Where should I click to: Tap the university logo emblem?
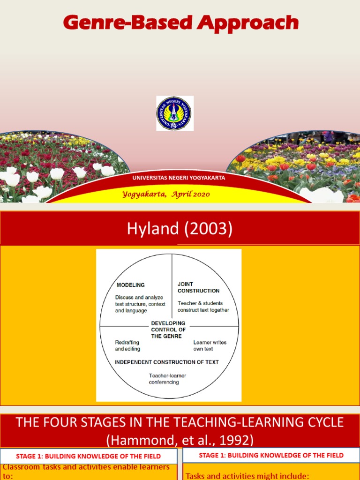click(174, 113)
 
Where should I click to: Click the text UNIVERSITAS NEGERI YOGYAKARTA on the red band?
click(179, 178)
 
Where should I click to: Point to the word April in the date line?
click(180, 194)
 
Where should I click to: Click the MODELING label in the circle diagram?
click(131, 285)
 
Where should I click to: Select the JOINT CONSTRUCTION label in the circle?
click(198, 287)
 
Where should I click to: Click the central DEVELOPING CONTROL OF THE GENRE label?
click(168, 330)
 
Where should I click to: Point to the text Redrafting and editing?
click(127, 345)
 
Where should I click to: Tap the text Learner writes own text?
click(210, 345)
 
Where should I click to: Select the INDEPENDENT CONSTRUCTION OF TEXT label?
click(166, 362)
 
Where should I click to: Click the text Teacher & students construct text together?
click(203, 307)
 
